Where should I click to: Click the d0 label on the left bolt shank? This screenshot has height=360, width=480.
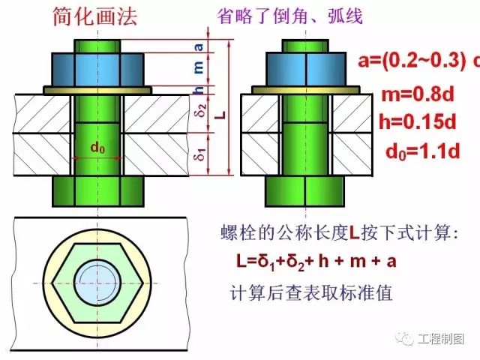pyautogui.click(x=97, y=148)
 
